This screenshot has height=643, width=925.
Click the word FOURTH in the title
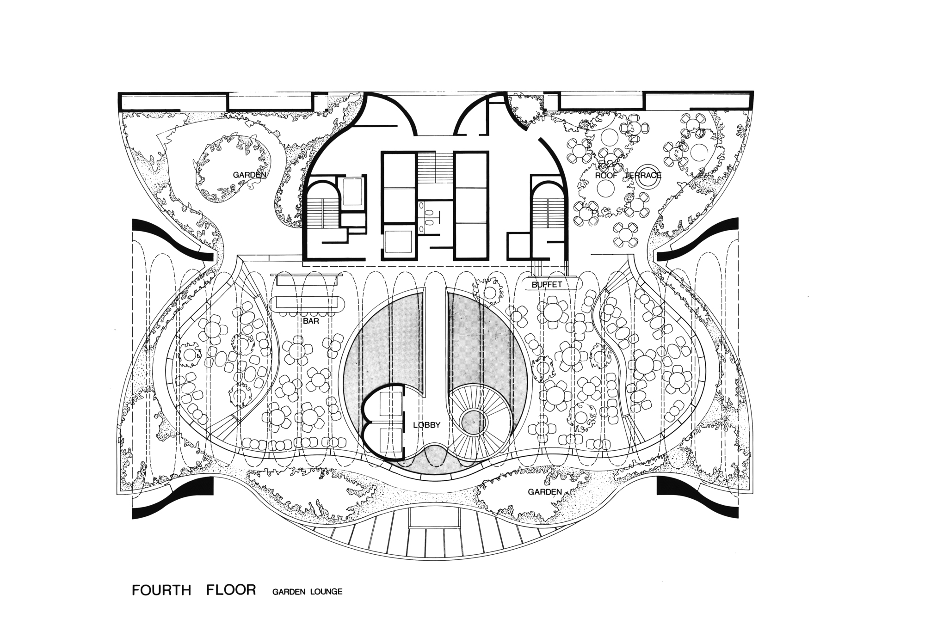tap(161, 590)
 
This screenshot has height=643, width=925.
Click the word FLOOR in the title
tap(231, 590)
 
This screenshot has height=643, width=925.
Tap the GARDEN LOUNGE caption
tap(308, 591)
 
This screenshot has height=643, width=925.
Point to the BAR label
tap(311, 320)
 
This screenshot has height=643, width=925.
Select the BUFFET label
tap(547, 285)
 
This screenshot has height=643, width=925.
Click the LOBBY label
tap(426, 425)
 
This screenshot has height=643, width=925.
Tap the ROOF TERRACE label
tap(628, 176)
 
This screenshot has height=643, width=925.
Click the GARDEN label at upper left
tap(249, 175)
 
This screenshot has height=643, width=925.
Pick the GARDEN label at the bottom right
tap(545, 492)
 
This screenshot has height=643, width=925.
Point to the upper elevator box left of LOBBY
tap(391, 403)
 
